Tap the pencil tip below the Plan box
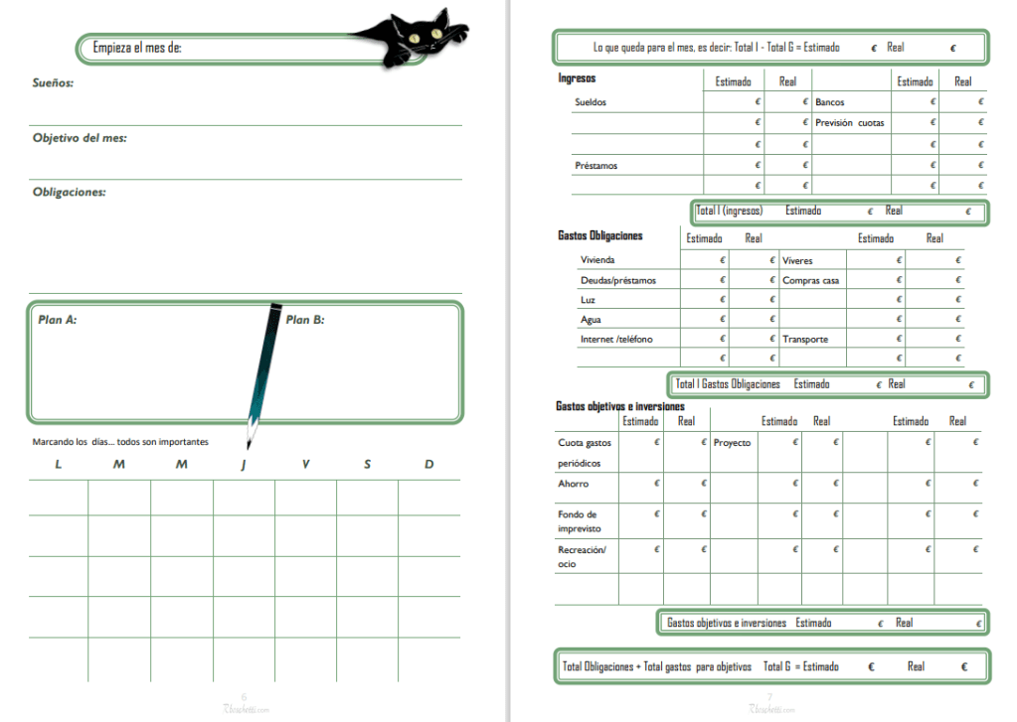click(x=252, y=436)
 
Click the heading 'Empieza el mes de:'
click(x=137, y=47)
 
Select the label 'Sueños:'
click(x=53, y=83)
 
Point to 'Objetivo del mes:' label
click(x=80, y=138)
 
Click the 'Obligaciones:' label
click(x=69, y=192)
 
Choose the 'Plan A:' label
click(x=58, y=320)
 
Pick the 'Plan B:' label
click(x=305, y=320)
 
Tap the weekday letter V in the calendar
click(x=305, y=464)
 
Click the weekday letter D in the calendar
click(x=428, y=464)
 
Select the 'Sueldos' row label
click(x=591, y=102)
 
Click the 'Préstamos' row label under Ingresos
click(x=595, y=165)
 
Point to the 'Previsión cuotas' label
click(x=850, y=123)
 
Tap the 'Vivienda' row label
click(x=597, y=260)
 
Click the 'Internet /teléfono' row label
click(x=615, y=339)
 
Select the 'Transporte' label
click(x=805, y=340)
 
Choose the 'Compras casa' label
click(x=810, y=280)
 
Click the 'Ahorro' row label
click(x=573, y=484)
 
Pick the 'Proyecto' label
click(x=733, y=443)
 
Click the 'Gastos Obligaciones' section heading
click(x=600, y=236)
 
